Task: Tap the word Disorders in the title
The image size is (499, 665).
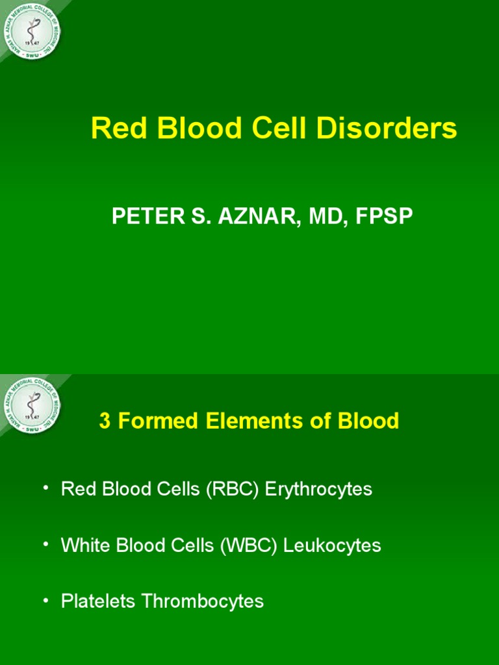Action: pos(387,129)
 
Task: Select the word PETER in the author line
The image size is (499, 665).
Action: pos(144,217)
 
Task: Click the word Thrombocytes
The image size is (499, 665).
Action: pos(203,602)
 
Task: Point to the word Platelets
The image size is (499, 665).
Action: pos(99,602)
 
